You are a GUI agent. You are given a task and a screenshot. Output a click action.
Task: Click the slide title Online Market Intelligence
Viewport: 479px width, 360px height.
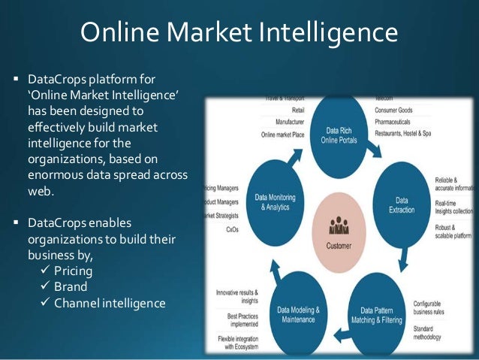click(239, 32)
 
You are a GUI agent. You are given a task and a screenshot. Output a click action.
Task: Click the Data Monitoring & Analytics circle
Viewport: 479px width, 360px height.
click(274, 199)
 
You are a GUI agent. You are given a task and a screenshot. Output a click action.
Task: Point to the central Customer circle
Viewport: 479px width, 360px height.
click(339, 229)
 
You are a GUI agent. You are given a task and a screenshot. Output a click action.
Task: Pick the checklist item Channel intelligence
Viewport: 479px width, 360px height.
click(110, 303)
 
